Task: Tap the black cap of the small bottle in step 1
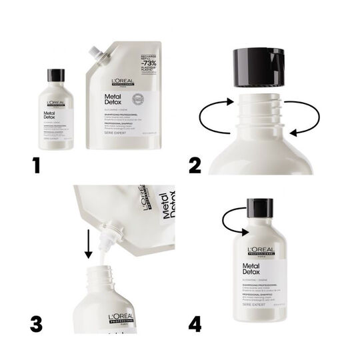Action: point(56,74)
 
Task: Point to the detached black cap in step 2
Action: point(265,65)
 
